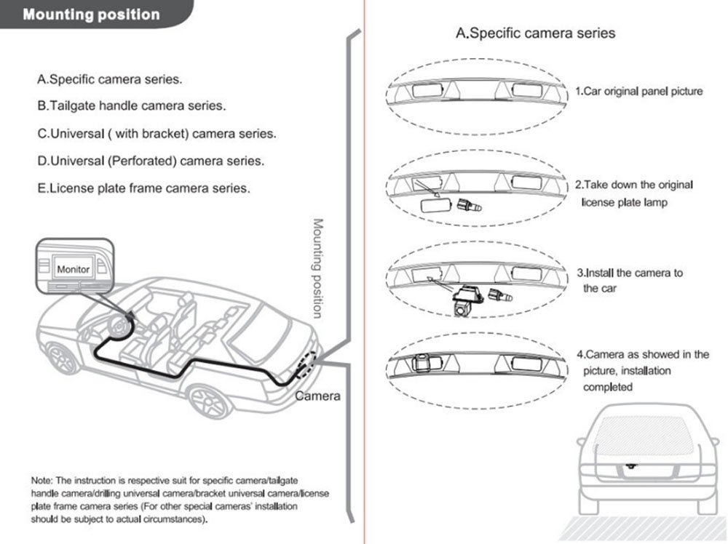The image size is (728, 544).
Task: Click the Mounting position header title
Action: (x=92, y=15)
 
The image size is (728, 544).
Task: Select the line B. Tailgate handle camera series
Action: (x=131, y=105)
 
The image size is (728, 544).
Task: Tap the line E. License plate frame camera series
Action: (x=143, y=188)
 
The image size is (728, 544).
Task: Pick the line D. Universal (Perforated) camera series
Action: (x=151, y=161)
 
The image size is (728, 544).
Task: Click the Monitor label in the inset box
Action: (x=74, y=269)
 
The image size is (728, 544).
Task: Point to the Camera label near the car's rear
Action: (x=317, y=396)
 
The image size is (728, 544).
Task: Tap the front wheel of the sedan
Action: (x=62, y=358)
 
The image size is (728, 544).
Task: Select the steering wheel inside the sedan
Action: (x=119, y=327)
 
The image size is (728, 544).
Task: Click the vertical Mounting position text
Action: (x=317, y=268)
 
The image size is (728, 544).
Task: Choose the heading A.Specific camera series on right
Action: (x=535, y=33)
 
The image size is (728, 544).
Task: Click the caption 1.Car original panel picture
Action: (x=639, y=91)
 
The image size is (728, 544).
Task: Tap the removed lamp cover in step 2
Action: (x=436, y=204)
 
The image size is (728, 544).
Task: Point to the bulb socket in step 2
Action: (x=470, y=204)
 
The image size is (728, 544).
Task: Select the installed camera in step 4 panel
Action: (x=423, y=362)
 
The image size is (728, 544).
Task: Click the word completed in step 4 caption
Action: (x=608, y=387)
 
